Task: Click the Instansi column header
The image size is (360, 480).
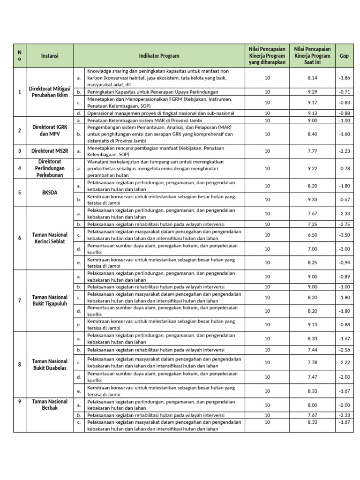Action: tap(50, 56)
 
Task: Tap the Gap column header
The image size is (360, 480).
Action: tap(344, 56)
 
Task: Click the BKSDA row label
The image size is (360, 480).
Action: tap(50, 192)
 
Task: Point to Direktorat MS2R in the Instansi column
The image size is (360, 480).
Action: tap(50, 151)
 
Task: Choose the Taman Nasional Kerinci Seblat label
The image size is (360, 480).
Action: tap(50, 238)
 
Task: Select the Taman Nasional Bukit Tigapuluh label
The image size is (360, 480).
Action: tap(50, 300)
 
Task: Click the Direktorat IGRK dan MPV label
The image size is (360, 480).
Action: tap(50, 130)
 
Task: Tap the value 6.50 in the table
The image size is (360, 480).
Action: tap(312, 235)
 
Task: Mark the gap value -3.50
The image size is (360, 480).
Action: tap(344, 235)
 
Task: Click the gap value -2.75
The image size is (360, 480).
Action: tap(344, 225)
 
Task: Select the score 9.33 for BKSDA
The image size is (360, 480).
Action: tap(312, 199)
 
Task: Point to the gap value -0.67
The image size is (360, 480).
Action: tap(344, 199)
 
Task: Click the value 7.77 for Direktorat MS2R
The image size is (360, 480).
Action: tap(312, 151)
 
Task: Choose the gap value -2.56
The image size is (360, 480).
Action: tap(344, 350)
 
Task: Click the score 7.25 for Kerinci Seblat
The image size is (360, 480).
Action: tap(312, 225)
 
